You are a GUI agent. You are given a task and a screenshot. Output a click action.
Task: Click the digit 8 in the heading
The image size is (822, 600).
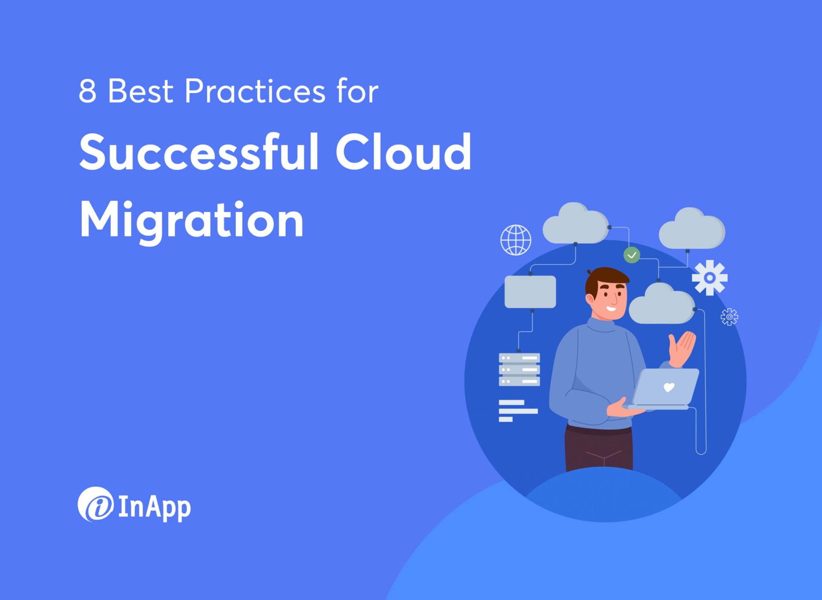point(87,92)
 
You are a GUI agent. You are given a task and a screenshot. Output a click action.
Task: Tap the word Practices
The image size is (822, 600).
point(255,92)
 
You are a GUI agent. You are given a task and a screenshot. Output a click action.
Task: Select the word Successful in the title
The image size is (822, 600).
point(199,153)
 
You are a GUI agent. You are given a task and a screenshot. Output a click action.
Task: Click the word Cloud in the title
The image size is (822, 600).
point(403,153)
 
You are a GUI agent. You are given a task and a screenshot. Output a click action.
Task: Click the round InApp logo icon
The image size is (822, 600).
point(96,504)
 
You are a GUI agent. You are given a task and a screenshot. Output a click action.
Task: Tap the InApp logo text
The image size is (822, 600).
point(155,508)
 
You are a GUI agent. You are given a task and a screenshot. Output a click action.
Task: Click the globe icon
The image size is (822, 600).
point(516,240)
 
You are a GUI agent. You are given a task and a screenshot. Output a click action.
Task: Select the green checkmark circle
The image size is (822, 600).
point(631,255)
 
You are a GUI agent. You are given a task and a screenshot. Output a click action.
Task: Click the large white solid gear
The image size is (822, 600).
point(710,278)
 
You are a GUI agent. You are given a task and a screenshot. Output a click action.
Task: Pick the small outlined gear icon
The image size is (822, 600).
point(729,317)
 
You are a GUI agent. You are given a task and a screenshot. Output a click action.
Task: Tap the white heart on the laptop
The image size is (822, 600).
point(669,387)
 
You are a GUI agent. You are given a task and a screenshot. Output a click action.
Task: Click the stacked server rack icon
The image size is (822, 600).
point(519,369)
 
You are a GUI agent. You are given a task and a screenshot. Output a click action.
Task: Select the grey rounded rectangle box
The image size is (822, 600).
point(530,292)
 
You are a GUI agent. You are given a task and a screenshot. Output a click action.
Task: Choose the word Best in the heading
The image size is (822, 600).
point(140,92)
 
